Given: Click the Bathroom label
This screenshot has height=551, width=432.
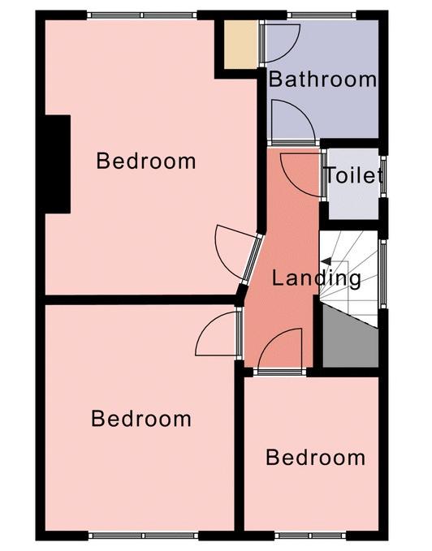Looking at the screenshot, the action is [x=322, y=80].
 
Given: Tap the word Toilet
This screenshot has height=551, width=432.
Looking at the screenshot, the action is [x=354, y=175].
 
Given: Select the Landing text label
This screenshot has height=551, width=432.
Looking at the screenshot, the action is [x=317, y=278].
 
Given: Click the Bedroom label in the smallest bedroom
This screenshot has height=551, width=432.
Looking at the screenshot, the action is [x=315, y=458].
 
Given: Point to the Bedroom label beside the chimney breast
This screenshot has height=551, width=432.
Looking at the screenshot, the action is [x=146, y=161].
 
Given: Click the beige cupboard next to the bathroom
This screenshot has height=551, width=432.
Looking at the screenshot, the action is [x=241, y=45].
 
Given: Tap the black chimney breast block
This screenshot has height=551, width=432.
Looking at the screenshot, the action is [x=58, y=164].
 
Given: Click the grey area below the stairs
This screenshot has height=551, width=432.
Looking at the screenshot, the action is [x=350, y=339].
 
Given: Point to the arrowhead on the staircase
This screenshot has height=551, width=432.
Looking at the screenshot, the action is [x=326, y=261].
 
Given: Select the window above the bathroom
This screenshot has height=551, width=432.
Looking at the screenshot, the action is [x=322, y=15].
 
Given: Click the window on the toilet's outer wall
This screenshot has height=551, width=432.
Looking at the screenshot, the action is [x=383, y=177].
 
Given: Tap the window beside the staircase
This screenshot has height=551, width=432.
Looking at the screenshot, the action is [x=382, y=273].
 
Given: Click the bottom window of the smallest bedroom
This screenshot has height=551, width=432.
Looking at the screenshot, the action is [x=310, y=536].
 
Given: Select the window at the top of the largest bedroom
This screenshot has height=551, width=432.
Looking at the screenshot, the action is [x=141, y=15].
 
